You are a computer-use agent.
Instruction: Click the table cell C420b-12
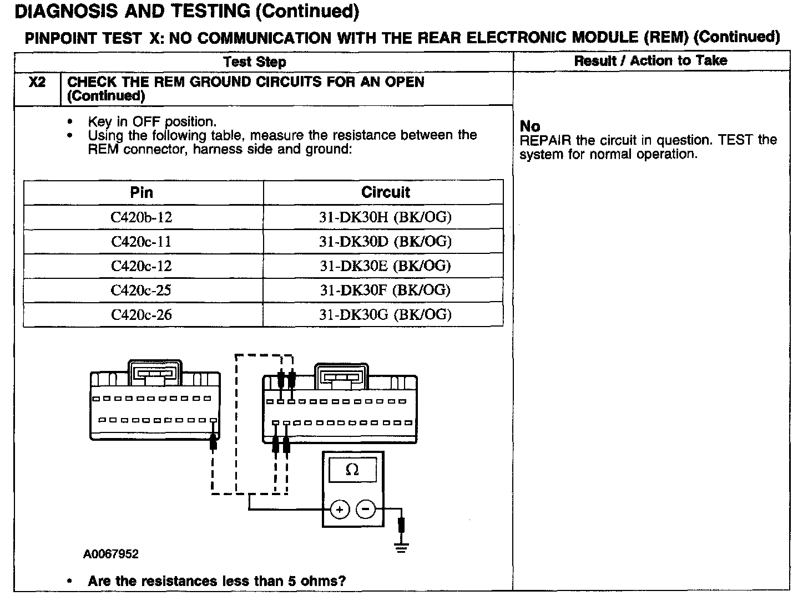(x=142, y=217)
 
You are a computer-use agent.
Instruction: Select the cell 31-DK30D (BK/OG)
(x=385, y=242)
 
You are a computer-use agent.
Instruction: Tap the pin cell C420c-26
(x=142, y=315)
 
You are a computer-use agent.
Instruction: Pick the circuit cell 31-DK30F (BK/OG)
(x=385, y=291)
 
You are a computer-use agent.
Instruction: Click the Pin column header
(x=142, y=192)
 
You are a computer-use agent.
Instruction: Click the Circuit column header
(x=385, y=192)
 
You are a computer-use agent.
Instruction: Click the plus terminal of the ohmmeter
(x=340, y=509)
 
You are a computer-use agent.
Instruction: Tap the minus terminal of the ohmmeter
(x=365, y=509)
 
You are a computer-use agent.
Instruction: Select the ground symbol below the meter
(x=401, y=548)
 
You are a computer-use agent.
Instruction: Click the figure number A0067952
(x=111, y=554)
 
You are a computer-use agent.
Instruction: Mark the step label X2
(x=37, y=82)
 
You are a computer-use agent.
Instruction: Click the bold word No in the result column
(x=530, y=126)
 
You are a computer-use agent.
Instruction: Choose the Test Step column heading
(x=255, y=62)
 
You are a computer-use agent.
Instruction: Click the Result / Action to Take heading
(x=650, y=61)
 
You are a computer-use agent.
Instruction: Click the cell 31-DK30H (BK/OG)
(x=385, y=217)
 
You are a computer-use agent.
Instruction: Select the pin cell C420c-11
(x=142, y=242)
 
